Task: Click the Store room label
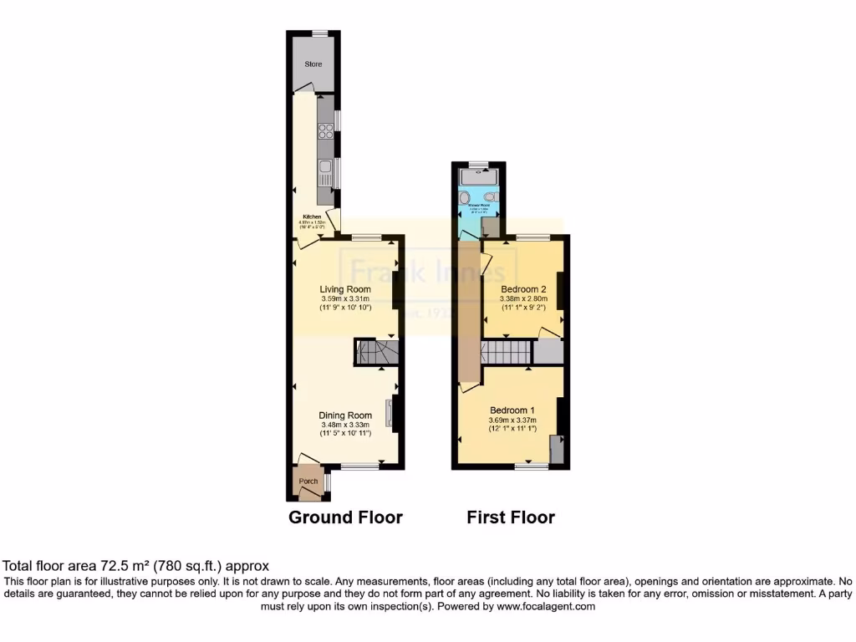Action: click(313, 64)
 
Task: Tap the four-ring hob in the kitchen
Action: click(326, 131)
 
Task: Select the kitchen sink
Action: click(325, 174)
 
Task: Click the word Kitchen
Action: click(311, 217)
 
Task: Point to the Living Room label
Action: click(345, 289)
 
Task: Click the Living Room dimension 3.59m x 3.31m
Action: click(345, 298)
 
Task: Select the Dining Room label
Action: click(345, 415)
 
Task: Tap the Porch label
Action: click(308, 481)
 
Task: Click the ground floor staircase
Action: click(373, 352)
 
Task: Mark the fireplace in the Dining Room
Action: click(389, 413)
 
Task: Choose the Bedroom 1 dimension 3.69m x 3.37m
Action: click(512, 420)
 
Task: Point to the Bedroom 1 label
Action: click(512, 410)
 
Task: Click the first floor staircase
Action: click(506, 352)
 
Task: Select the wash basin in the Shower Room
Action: click(463, 198)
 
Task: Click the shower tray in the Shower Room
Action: click(479, 176)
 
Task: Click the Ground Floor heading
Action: click(345, 517)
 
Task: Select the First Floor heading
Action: click(510, 517)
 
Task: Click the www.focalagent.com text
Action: click(548, 607)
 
